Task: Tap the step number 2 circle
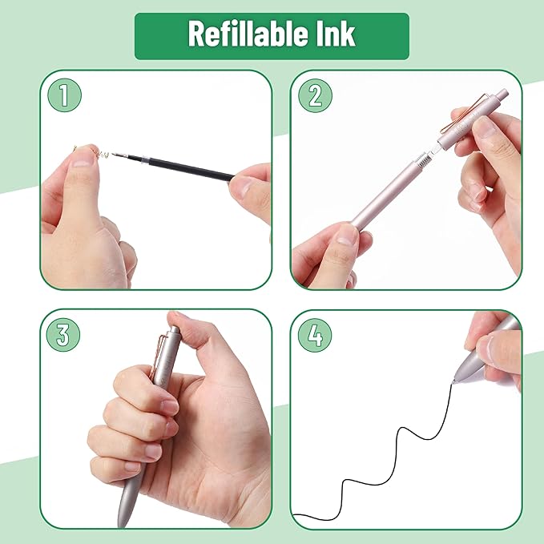(315, 96)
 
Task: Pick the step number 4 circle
(315, 335)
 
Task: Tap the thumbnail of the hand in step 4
(486, 346)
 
